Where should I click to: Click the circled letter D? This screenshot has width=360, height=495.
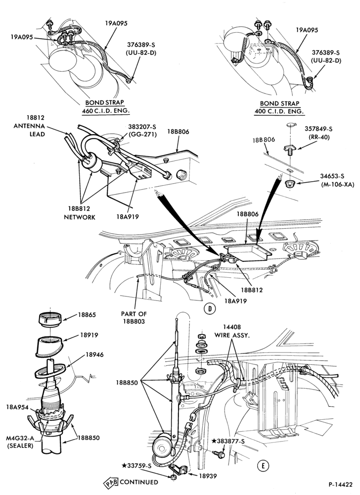pos(210,308)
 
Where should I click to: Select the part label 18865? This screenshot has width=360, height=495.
pos(87,315)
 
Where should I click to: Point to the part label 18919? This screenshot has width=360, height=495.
pos(89,335)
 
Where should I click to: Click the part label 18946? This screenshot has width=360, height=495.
pos(94,354)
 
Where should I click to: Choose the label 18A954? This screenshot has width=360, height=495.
pos(17,407)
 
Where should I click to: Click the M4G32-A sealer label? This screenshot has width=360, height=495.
pos(20,442)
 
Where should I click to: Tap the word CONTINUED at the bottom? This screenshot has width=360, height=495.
pos(139,482)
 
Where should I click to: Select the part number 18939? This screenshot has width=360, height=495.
pos(207,476)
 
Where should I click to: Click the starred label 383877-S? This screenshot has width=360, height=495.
pos(228,442)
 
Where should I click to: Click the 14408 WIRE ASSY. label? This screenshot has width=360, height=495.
pos(232,332)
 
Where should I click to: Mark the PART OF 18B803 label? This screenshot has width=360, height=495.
pos(134,318)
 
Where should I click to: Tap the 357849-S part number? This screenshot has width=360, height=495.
pos(318,129)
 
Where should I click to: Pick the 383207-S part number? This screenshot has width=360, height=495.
pos(142,127)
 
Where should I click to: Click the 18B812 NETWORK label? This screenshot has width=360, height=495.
pos(80,213)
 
